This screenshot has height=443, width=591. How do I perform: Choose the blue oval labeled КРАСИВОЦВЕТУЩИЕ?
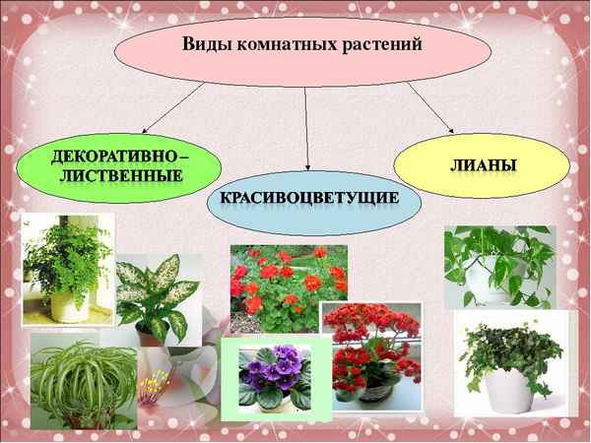[x=313, y=200]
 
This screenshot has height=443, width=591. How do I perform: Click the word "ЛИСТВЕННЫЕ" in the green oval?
[x=120, y=176]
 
